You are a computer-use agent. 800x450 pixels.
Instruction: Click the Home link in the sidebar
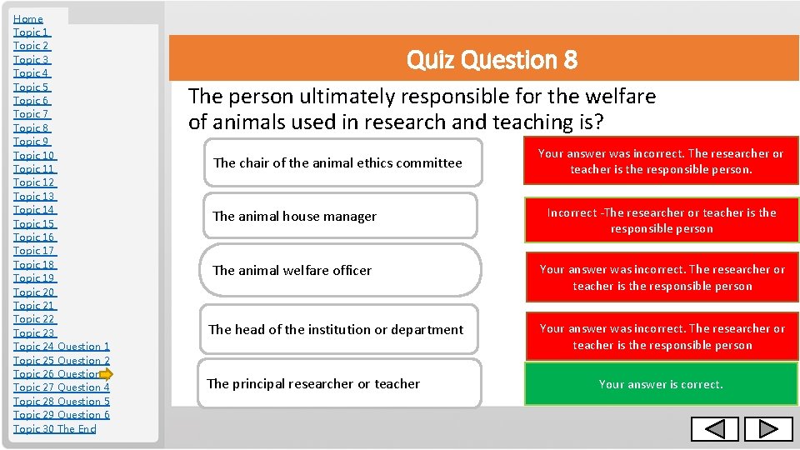(28, 18)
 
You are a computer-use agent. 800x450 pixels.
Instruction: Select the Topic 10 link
(34, 155)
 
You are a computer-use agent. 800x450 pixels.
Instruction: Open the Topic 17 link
(34, 251)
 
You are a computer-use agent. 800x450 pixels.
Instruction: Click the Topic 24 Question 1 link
(62, 347)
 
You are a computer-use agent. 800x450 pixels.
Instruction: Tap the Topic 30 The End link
(55, 428)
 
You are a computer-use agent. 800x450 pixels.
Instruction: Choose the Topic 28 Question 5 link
(62, 401)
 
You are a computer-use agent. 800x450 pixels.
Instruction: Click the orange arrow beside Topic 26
(106, 374)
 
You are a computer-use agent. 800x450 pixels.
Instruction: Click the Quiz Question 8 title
(492, 60)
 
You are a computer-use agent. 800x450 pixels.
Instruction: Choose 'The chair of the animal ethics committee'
(338, 162)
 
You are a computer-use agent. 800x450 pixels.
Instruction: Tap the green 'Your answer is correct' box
(661, 384)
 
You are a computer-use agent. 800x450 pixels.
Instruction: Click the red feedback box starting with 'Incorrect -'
(661, 221)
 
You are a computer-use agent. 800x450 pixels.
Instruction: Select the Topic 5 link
(32, 87)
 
